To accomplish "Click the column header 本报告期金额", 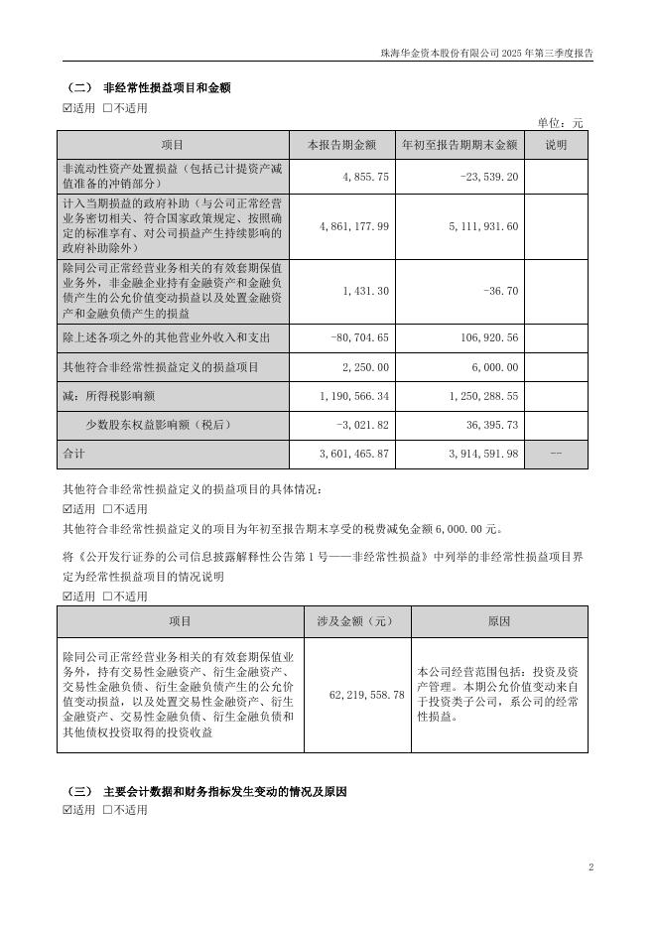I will pos(341,145).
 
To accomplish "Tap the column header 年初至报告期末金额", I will pos(460,145).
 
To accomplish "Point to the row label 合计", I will pos(75,454).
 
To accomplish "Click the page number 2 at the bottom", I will pos(591,867).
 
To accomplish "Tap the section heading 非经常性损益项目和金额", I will pos(167,87).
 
